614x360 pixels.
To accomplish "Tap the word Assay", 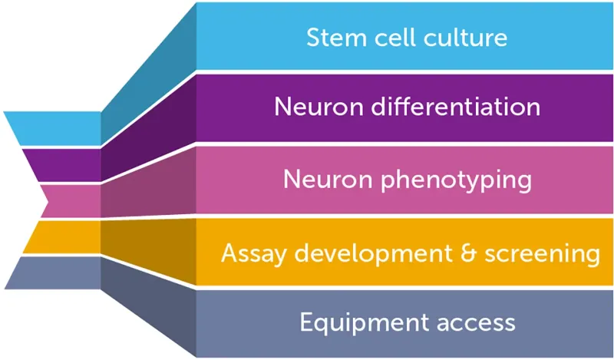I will (245, 253).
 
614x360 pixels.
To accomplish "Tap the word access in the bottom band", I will (476, 322).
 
